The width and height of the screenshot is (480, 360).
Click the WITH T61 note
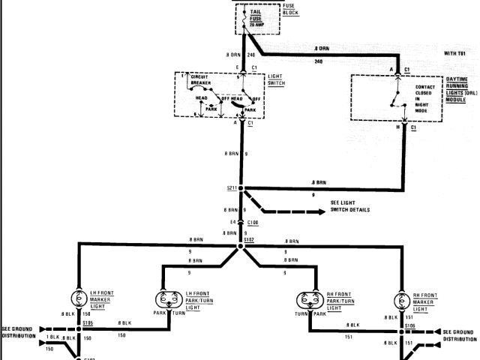(454, 53)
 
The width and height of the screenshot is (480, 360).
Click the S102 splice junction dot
(241, 245)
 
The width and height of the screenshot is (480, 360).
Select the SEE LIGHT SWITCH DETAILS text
(350, 206)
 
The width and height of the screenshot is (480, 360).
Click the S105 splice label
(88, 323)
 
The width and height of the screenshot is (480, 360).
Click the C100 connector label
(254, 223)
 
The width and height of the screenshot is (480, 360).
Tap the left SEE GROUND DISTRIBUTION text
(19, 331)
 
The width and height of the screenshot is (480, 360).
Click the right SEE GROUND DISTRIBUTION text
(459, 334)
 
